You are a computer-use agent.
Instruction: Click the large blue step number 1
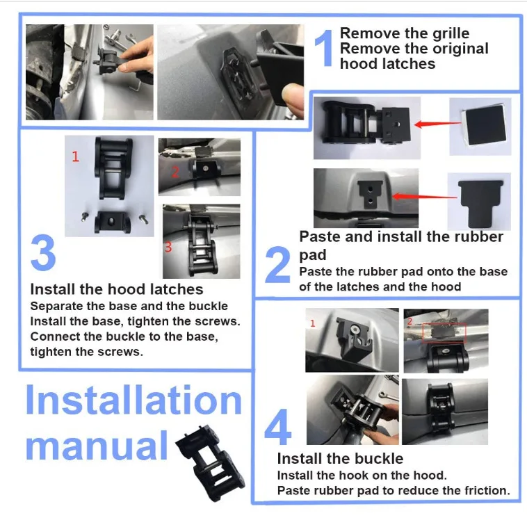324,48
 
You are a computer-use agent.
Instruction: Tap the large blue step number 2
277,264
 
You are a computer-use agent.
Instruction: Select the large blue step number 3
43,252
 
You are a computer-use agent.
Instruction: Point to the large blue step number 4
278,427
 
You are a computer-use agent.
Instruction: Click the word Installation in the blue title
133,400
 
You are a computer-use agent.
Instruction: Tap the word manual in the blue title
97,446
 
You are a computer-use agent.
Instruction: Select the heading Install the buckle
340,459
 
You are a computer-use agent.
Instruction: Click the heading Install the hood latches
117,289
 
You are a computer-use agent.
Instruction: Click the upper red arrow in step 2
438,124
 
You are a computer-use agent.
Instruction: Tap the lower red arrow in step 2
425,196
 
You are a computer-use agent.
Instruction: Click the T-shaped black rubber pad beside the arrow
480,202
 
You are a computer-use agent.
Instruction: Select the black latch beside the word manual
211,462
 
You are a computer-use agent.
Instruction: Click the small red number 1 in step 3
75,156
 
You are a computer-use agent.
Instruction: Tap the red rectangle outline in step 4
444,333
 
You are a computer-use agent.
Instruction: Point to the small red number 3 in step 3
168,247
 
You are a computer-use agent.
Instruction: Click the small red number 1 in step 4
313,323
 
